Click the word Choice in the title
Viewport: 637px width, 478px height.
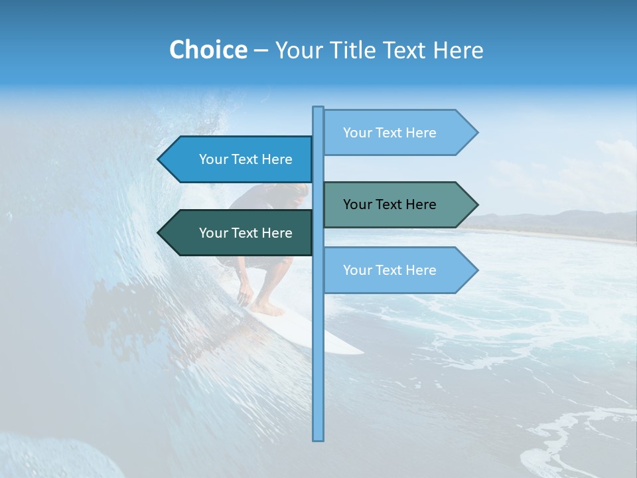tap(208, 50)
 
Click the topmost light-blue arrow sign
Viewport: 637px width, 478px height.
tap(398, 133)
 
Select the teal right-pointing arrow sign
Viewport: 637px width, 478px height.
tap(398, 204)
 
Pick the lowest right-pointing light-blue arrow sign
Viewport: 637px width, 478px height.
tap(398, 270)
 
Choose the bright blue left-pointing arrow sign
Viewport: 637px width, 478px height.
tap(239, 159)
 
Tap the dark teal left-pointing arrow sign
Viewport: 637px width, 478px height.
tap(239, 233)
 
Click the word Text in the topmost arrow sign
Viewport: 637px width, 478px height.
tap(389, 133)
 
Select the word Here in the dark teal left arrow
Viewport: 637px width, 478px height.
tap(277, 233)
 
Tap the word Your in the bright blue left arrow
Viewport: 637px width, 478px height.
tap(214, 159)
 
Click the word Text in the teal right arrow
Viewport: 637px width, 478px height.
tap(389, 204)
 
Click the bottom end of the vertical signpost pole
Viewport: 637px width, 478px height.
tap(318, 438)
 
